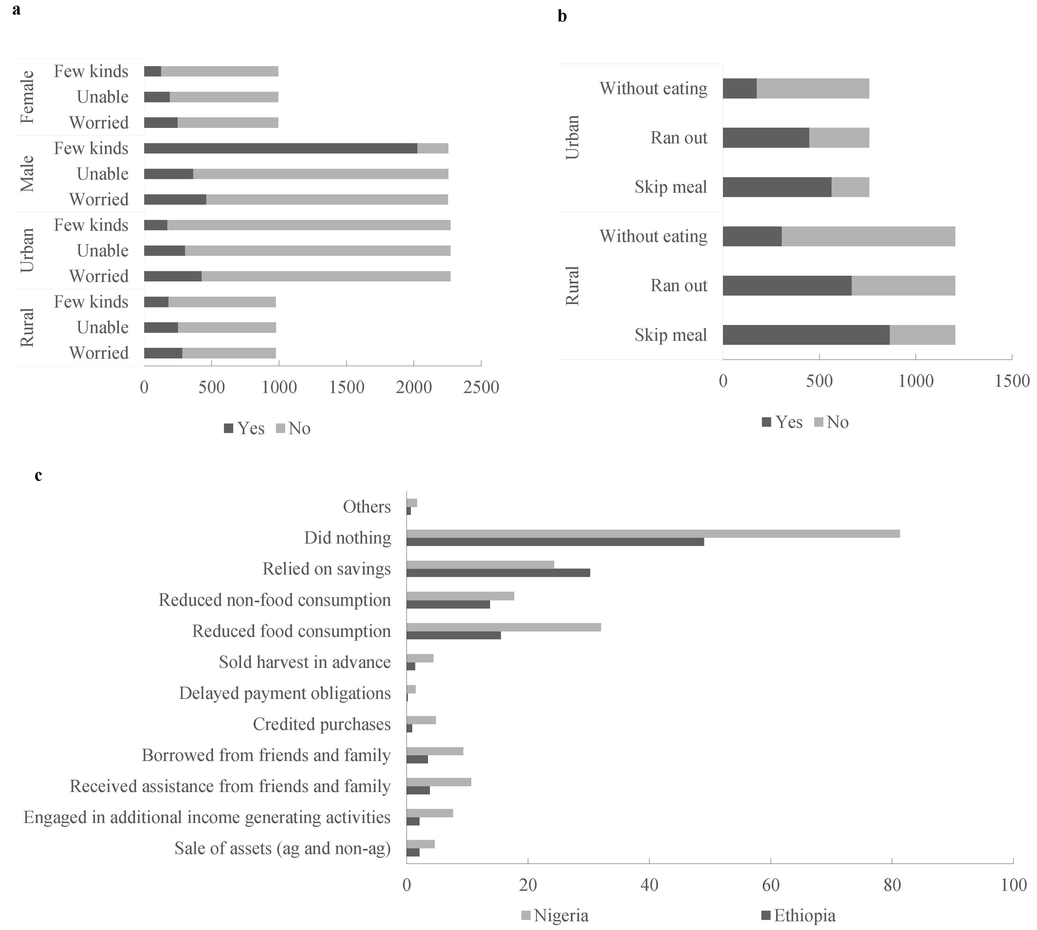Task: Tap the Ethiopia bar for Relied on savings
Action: click(x=498, y=573)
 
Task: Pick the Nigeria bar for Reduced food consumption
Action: click(x=504, y=627)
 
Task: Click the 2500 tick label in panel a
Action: click(x=481, y=387)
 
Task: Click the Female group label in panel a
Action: click(x=27, y=97)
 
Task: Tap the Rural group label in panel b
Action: click(x=572, y=286)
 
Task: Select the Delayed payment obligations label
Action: click(x=285, y=693)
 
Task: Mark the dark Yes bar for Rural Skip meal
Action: click(x=806, y=335)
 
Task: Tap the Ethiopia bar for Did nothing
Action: click(x=555, y=542)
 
